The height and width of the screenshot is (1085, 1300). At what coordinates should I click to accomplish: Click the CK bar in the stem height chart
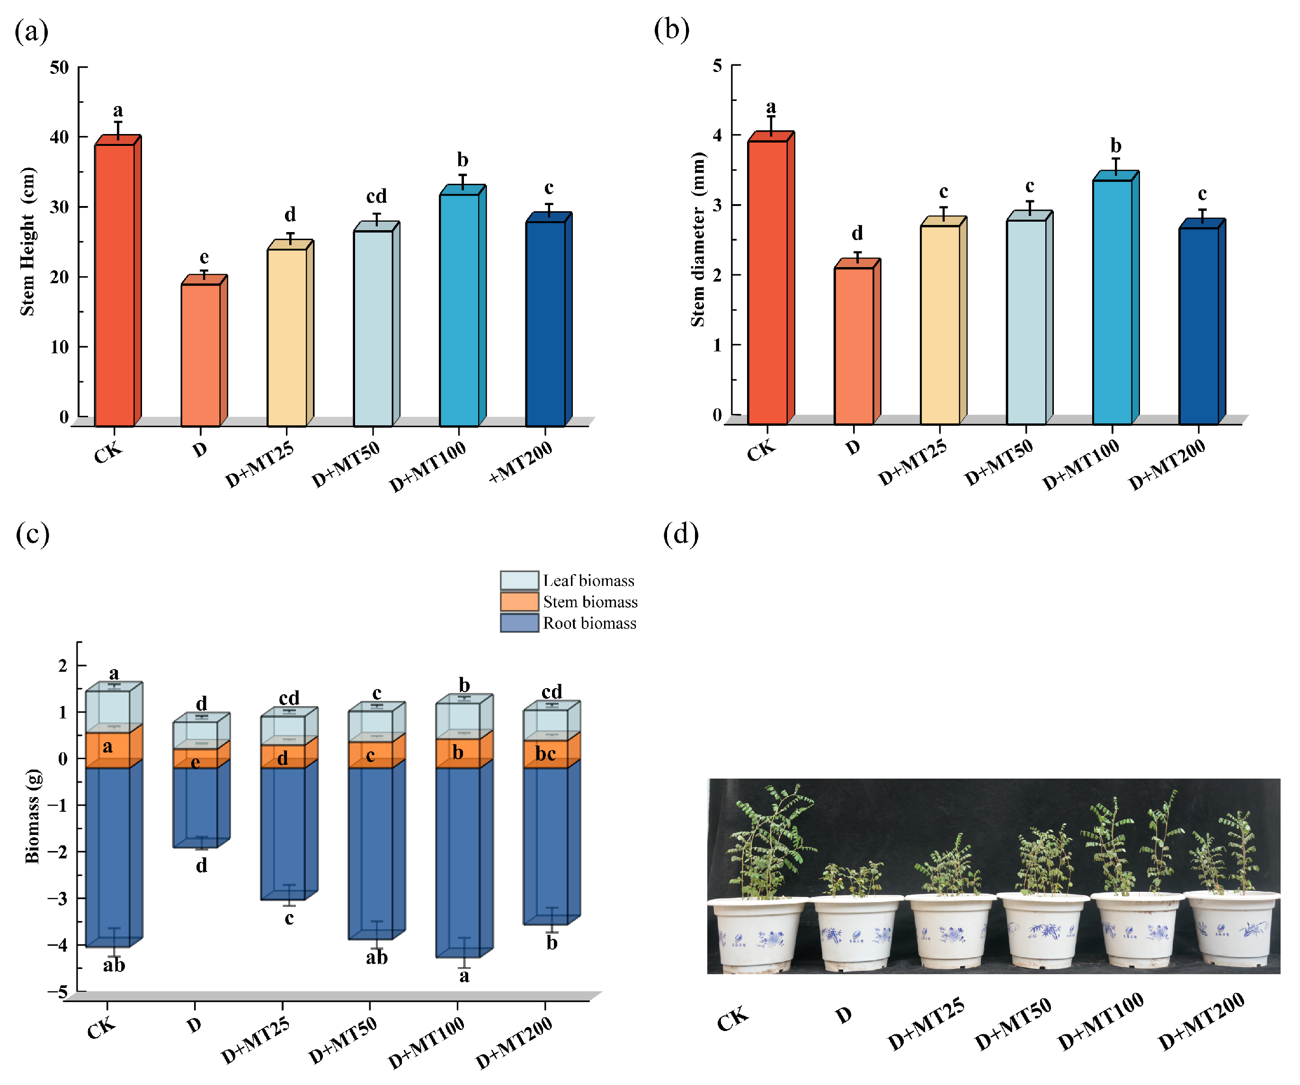115,285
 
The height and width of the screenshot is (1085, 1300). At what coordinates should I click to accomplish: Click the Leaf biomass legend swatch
519,580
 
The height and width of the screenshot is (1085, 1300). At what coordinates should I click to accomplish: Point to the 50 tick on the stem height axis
60,67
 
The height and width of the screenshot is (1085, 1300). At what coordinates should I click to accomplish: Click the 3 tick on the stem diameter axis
718,205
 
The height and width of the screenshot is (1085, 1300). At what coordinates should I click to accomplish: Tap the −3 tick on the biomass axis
58,898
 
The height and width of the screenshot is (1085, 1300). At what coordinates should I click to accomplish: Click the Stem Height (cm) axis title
27,242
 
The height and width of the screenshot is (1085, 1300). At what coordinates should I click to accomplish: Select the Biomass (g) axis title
32,816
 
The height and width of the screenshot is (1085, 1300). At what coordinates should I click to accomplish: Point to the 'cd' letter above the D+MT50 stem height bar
376,197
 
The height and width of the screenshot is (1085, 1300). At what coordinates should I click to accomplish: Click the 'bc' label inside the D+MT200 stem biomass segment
545,753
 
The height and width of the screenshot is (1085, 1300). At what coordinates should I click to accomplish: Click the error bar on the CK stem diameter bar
771,125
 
